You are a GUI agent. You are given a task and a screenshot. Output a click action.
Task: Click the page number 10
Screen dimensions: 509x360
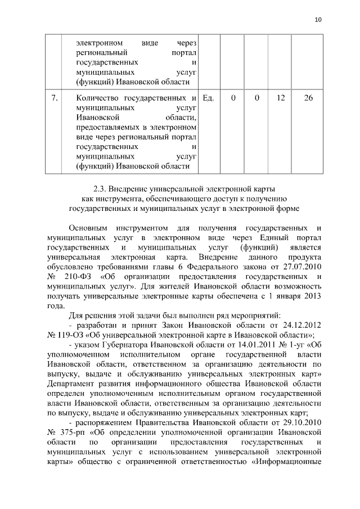(x=318, y=20)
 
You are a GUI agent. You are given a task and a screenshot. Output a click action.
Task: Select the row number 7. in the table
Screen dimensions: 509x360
(x=55, y=98)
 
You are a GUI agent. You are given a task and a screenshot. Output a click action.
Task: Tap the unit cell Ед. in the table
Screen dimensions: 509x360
(x=209, y=98)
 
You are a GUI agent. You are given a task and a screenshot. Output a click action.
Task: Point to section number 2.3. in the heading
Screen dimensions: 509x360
(x=100, y=187)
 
